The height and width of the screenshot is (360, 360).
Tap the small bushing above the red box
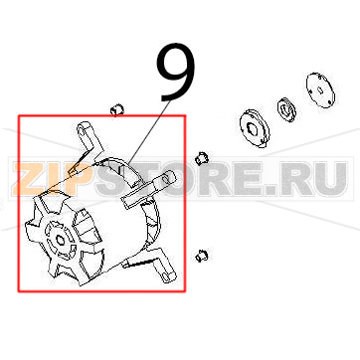[x=115, y=107]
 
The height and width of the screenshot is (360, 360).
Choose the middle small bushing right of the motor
[x=202, y=156]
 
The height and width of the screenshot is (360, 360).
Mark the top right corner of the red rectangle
[x=185, y=116]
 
